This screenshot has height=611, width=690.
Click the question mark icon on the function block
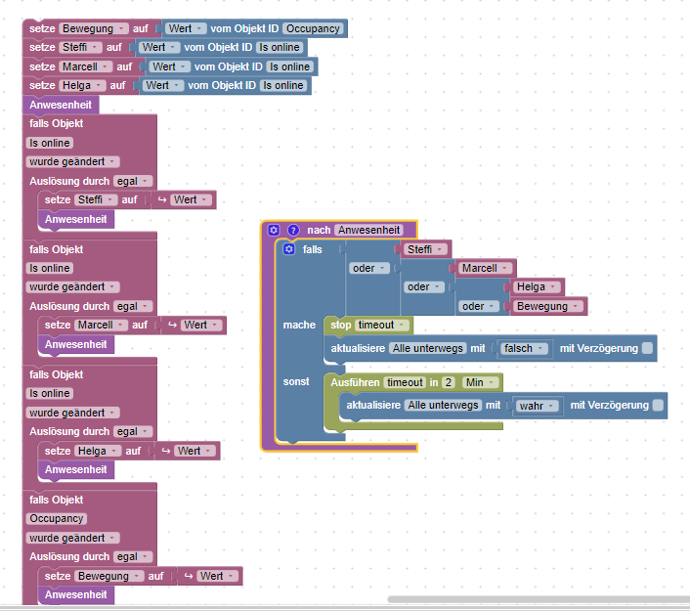tap(292, 230)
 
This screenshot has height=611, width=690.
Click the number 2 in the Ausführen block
tap(448, 382)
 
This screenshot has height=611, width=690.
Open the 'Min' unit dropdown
tap(480, 382)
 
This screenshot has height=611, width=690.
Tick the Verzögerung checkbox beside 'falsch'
tap(647, 348)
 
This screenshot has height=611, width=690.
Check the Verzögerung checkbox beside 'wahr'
tap(658, 405)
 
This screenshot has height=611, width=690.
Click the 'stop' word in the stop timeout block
tap(340, 325)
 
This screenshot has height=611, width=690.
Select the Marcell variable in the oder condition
tap(481, 268)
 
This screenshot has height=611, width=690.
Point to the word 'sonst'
tap(296, 381)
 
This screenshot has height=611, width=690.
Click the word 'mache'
tap(299, 325)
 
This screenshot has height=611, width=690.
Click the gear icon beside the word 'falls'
tap(288, 249)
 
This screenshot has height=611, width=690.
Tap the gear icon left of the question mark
tap(274, 230)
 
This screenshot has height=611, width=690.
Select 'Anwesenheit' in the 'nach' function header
tap(369, 230)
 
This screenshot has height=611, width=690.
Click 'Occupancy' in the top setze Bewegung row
tap(313, 28)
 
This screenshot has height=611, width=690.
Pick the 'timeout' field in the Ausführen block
tap(404, 382)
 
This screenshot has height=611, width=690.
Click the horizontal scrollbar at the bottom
tap(538, 598)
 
